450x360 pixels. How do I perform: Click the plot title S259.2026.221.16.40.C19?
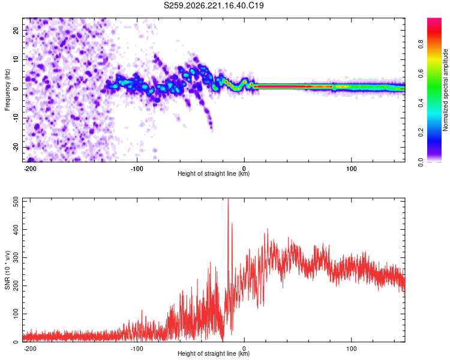[214, 5]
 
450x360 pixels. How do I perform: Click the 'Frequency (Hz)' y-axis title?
[7, 90]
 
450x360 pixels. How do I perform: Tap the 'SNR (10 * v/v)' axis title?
[7, 270]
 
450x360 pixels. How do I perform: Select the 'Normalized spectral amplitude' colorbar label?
[445, 90]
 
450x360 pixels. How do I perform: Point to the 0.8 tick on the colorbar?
[421, 44]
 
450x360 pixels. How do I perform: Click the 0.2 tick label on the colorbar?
[421, 133]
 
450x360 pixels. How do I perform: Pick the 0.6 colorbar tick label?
[421, 74]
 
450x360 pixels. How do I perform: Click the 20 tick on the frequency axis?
[16, 30]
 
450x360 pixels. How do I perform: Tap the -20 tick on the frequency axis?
[16, 148]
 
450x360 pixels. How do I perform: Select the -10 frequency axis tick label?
[16, 118]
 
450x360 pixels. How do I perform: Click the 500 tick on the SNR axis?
[16, 202]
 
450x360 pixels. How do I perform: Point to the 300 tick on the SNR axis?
[16, 258]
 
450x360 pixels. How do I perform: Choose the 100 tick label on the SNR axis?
[16, 314]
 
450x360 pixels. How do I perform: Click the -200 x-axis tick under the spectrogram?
[29, 169]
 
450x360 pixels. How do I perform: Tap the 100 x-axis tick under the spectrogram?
[351, 169]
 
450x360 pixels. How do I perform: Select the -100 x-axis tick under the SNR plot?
[137, 349]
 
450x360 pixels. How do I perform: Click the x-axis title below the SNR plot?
[214, 353]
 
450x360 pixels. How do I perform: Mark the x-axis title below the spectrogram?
[214, 173]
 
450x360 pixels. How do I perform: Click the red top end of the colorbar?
[434, 19]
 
